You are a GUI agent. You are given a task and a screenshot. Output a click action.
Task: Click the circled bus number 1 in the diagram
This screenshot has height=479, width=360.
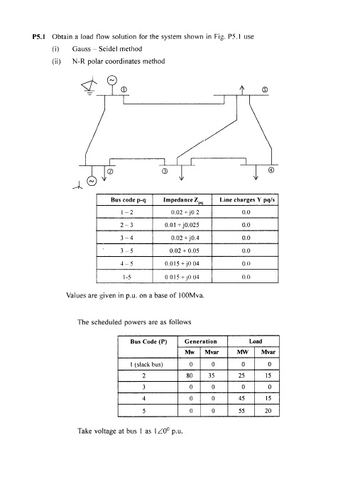pyautogui.click(x=123, y=90)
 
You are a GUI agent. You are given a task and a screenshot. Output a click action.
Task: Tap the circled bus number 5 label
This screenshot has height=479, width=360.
pyautogui.click(x=266, y=90)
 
